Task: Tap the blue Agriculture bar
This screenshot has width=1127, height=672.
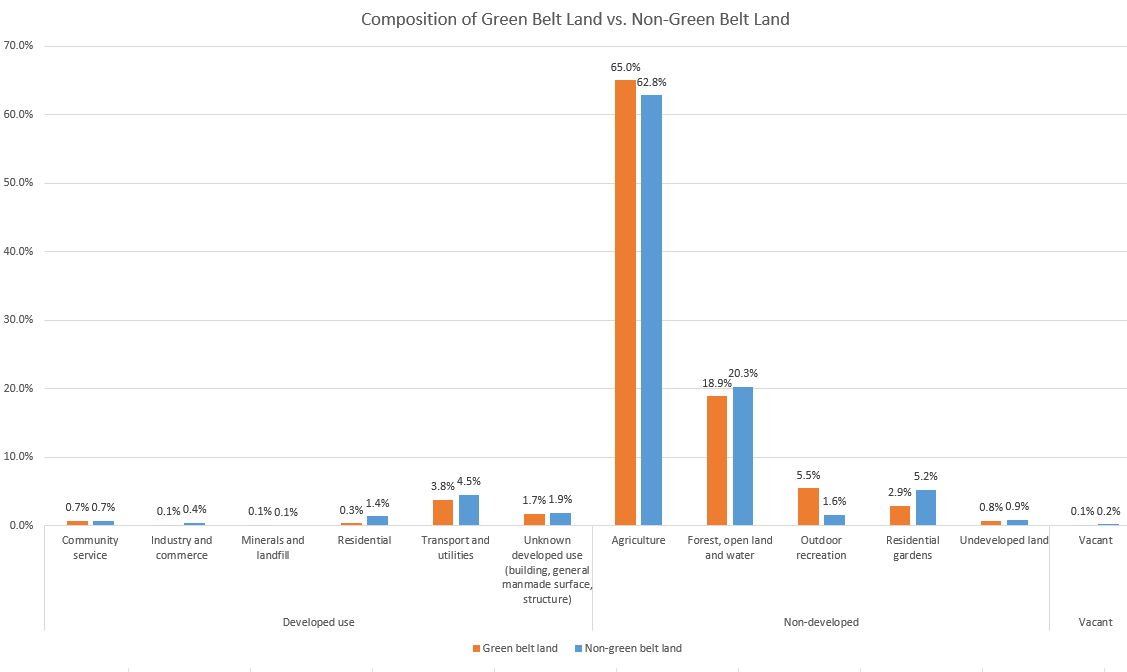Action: pyautogui.click(x=651, y=310)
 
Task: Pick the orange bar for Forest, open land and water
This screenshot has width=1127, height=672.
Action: pyautogui.click(x=716, y=460)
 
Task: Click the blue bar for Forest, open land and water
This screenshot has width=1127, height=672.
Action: pyautogui.click(x=743, y=456)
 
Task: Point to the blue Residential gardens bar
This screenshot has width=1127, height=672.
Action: pyautogui.click(x=925, y=507)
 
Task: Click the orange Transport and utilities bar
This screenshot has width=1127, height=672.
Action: pyautogui.click(x=443, y=512)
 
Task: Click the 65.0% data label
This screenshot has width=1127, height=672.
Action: pyautogui.click(x=626, y=67)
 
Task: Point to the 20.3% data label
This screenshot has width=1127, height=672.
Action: pyautogui.click(x=743, y=374)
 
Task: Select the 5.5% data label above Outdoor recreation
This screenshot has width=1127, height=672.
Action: pyautogui.click(x=808, y=476)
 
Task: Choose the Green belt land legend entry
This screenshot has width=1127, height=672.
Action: pyautogui.click(x=516, y=648)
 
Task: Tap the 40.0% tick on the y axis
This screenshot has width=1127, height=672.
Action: pyautogui.click(x=20, y=251)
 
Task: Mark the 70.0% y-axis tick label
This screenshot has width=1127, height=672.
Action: pyautogui.click(x=20, y=46)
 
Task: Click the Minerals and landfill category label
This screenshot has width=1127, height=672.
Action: pyautogui.click(x=273, y=547)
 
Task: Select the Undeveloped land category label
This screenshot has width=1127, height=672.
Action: pyautogui.click(x=1003, y=541)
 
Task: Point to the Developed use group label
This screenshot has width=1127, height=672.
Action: pyautogui.click(x=318, y=622)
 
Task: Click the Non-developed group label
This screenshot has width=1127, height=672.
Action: pyautogui.click(x=820, y=622)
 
